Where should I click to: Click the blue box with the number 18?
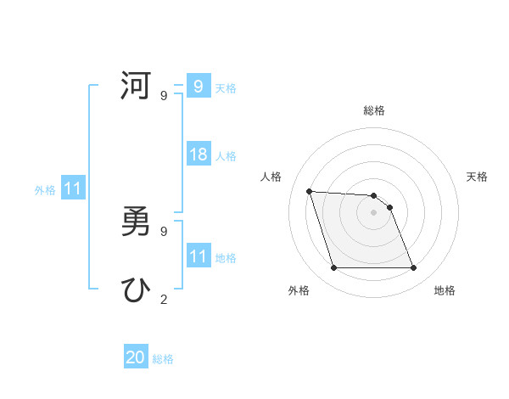pos(199,155)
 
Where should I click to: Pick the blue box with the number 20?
pos(136,357)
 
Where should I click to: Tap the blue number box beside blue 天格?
pos(199,87)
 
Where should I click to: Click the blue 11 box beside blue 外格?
pos(73,188)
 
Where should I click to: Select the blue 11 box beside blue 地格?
pos(199,256)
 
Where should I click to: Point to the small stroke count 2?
pos(163,299)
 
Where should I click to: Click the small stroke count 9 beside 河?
pos(163,96)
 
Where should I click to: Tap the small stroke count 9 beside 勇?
pos(163,231)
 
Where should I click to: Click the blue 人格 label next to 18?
pos(226,156)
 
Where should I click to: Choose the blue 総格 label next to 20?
pos(163,359)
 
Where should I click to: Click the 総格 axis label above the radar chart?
pos(374,110)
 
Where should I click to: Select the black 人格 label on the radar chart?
pos(271,177)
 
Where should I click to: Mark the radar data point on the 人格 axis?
pos(310,191)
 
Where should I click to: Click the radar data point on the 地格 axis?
pos(414,268)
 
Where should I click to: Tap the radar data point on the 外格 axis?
pos(333,268)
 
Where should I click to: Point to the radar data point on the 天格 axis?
pos(389,207)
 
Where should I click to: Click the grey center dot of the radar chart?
pos(373,212)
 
